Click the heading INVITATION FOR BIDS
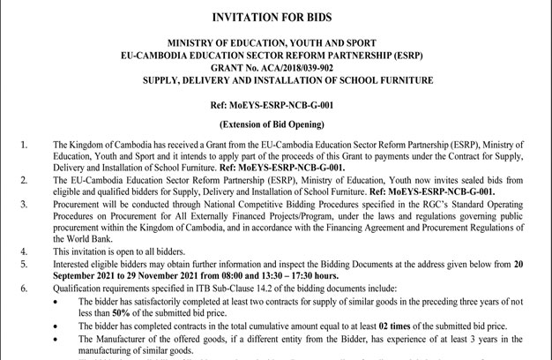click(x=276, y=17)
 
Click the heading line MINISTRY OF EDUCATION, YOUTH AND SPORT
click(x=276, y=42)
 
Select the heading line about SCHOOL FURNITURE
click(x=276, y=79)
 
